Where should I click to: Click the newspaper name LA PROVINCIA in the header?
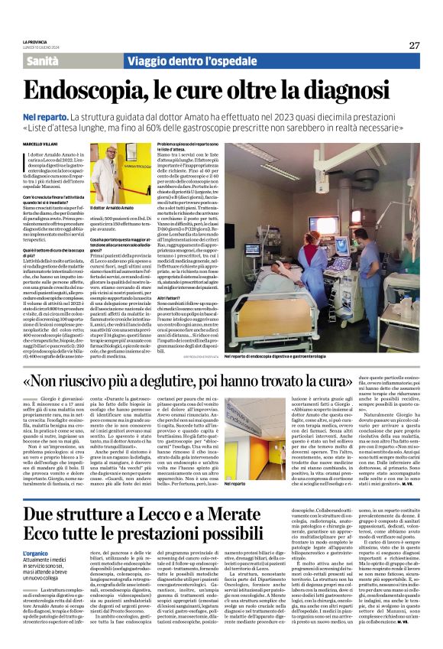pos(35,41)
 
